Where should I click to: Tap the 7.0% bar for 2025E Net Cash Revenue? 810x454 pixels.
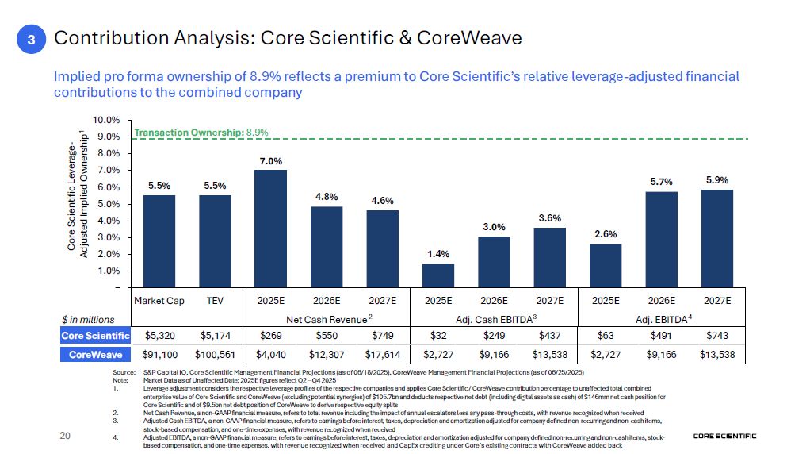(x=271, y=229)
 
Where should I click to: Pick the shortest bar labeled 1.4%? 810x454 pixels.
(x=438, y=275)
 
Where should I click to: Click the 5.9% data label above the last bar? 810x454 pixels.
(x=718, y=180)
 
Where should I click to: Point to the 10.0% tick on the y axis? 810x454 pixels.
(x=107, y=120)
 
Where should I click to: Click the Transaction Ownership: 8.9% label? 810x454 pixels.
(x=201, y=133)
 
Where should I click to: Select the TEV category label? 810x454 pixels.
(x=215, y=301)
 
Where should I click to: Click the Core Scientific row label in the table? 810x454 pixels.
(x=96, y=336)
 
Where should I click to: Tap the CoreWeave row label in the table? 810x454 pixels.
(x=96, y=354)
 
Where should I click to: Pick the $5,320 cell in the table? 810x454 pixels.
(x=159, y=336)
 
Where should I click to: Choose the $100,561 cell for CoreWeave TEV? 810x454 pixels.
(x=215, y=354)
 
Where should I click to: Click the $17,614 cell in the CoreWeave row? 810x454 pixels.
(x=382, y=354)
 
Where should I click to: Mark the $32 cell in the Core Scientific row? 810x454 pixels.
(x=438, y=336)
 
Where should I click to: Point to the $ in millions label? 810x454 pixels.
(x=88, y=319)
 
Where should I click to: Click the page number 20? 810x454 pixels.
(x=66, y=436)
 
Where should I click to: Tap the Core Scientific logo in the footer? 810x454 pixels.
(x=724, y=436)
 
